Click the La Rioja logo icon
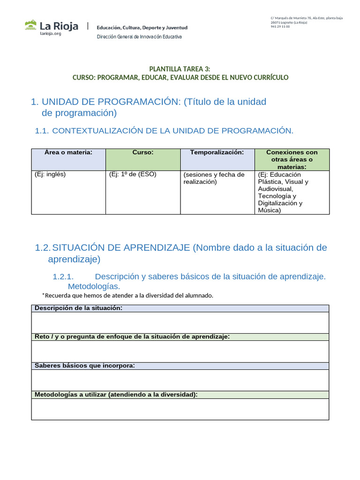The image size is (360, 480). point(31,25)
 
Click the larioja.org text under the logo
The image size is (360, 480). point(51,34)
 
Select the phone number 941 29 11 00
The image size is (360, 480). point(280,27)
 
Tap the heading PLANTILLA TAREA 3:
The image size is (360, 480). point(180,69)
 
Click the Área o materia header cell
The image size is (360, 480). point(68,152)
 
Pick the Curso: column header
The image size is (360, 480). point(143,152)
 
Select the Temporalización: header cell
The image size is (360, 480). point(217,152)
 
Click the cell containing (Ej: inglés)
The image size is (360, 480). point(50,174)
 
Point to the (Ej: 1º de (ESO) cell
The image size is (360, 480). point(133,174)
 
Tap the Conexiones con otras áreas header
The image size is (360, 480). point(292,159)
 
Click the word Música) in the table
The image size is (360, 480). point(270,210)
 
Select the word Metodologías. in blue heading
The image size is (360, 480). point(94,286)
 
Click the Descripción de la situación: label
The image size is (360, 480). point(78,308)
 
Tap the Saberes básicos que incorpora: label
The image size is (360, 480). point(84,366)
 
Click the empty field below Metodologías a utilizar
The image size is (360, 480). point(180,409)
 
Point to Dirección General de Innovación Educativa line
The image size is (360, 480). point(139,37)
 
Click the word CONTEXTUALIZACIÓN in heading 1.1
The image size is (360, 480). point(98,131)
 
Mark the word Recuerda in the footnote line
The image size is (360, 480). point(59,295)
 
